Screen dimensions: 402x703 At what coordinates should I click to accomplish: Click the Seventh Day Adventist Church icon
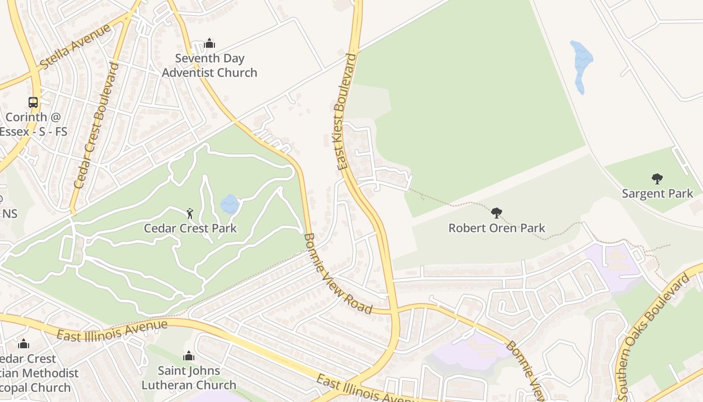pyautogui.click(x=209, y=44)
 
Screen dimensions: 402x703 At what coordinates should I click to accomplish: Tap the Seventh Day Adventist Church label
pyautogui.click(x=209, y=65)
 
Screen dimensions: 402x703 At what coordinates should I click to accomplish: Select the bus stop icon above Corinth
pyautogui.click(x=33, y=103)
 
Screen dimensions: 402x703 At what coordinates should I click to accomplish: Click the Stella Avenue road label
pyautogui.click(x=75, y=47)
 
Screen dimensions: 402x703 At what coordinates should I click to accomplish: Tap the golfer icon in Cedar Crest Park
pyautogui.click(x=190, y=214)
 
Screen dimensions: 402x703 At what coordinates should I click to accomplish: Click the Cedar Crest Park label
pyautogui.click(x=190, y=229)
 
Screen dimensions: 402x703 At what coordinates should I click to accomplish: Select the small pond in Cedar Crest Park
pyautogui.click(x=229, y=204)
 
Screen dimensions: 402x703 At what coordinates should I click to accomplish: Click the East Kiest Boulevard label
pyautogui.click(x=346, y=112)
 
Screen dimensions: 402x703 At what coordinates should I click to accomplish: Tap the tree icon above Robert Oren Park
pyautogui.click(x=497, y=213)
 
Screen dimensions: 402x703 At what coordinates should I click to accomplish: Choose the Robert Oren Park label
pyautogui.click(x=497, y=228)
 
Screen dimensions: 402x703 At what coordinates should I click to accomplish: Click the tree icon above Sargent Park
pyautogui.click(x=657, y=178)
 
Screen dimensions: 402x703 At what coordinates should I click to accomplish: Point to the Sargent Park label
pyautogui.click(x=657, y=193)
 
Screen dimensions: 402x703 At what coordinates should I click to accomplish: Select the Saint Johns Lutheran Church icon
pyautogui.click(x=189, y=356)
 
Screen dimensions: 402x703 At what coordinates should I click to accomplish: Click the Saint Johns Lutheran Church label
pyautogui.click(x=189, y=378)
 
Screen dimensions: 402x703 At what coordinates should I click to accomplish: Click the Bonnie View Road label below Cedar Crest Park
pyautogui.click(x=337, y=274)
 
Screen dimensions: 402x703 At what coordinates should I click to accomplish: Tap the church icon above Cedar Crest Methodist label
pyautogui.click(x=23, y=344)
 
